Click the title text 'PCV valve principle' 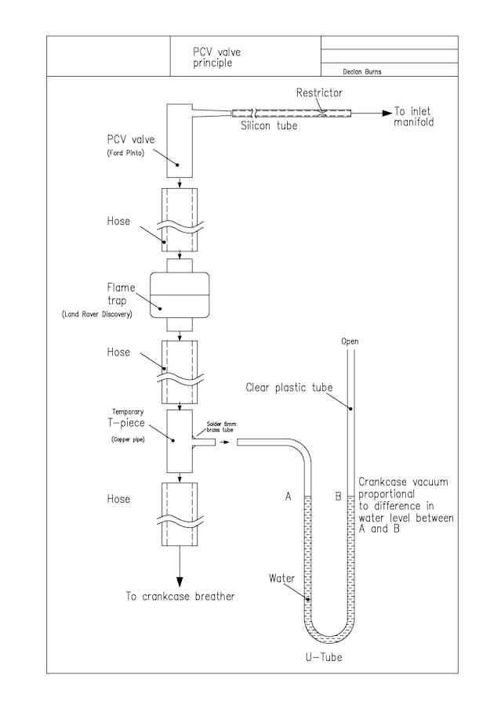pos(216,57)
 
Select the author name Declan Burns pos(361,71)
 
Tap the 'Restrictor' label pos(319,92)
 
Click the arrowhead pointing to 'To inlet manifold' pos(387,113)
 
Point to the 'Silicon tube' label pos(269,125)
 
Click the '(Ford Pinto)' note pos(125,153)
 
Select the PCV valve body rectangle pos(180,140)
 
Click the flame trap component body pos(180,294)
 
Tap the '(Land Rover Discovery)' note pos(96,314)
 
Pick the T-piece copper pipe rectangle pos(180,441)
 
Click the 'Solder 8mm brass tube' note pos(221,427)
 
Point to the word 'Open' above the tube pos(350,341)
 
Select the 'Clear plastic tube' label pos(289,388)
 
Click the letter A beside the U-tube pos(288,497)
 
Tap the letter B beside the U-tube pos(338,497)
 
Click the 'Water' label pos(281,578)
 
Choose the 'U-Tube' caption pos(324,656)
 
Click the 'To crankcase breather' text pos(180,596)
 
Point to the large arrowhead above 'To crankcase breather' pos(180,582)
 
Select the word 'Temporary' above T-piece pos(128,412)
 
